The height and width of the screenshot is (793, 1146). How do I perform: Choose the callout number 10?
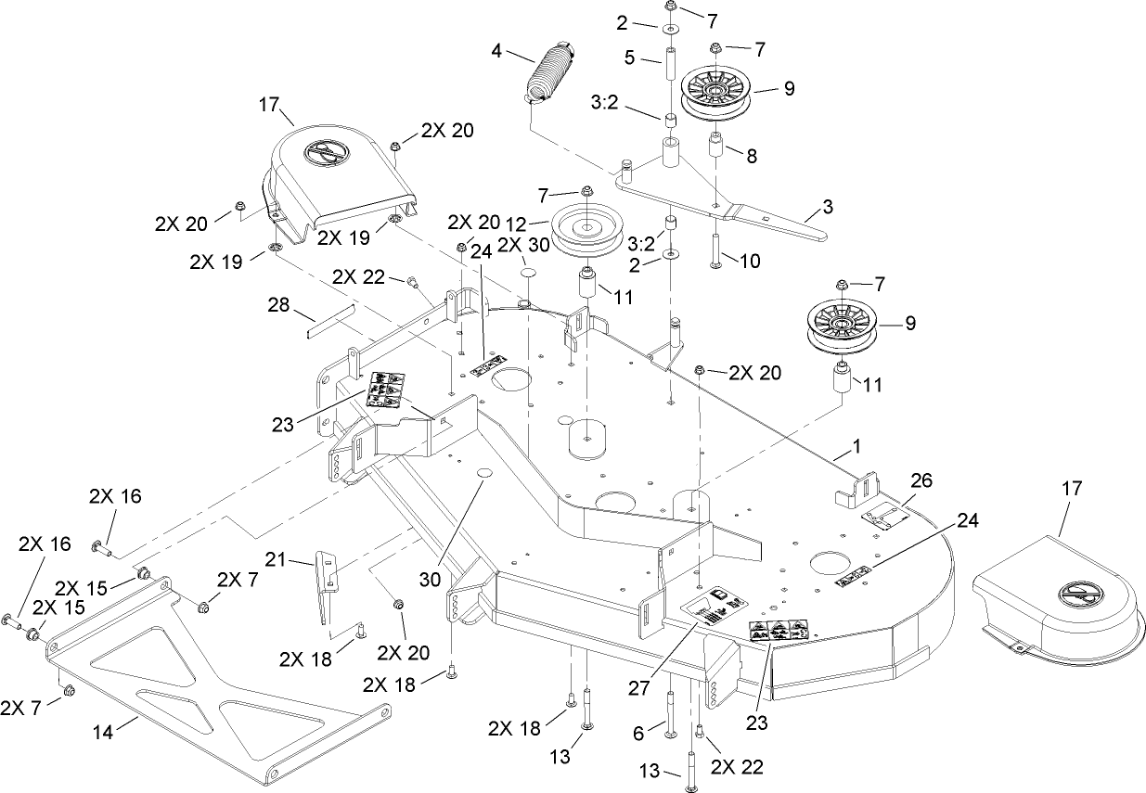pyautogui.click(x=749, y=262)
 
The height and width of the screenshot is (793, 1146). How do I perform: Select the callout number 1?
pyautogui.click(x=856, y=445)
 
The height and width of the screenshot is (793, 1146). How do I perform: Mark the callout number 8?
pyautogui.click(x=750, y=157)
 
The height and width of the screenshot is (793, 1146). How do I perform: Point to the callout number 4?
pyautogui.click(x=497, y=52)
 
